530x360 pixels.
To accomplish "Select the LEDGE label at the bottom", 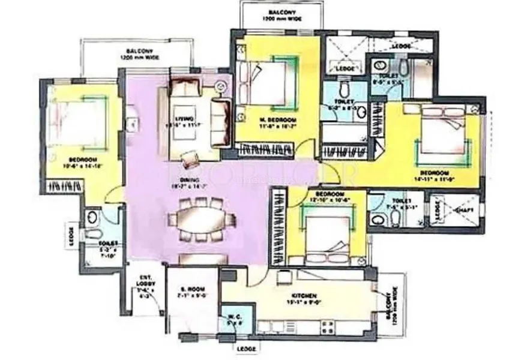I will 245,349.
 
